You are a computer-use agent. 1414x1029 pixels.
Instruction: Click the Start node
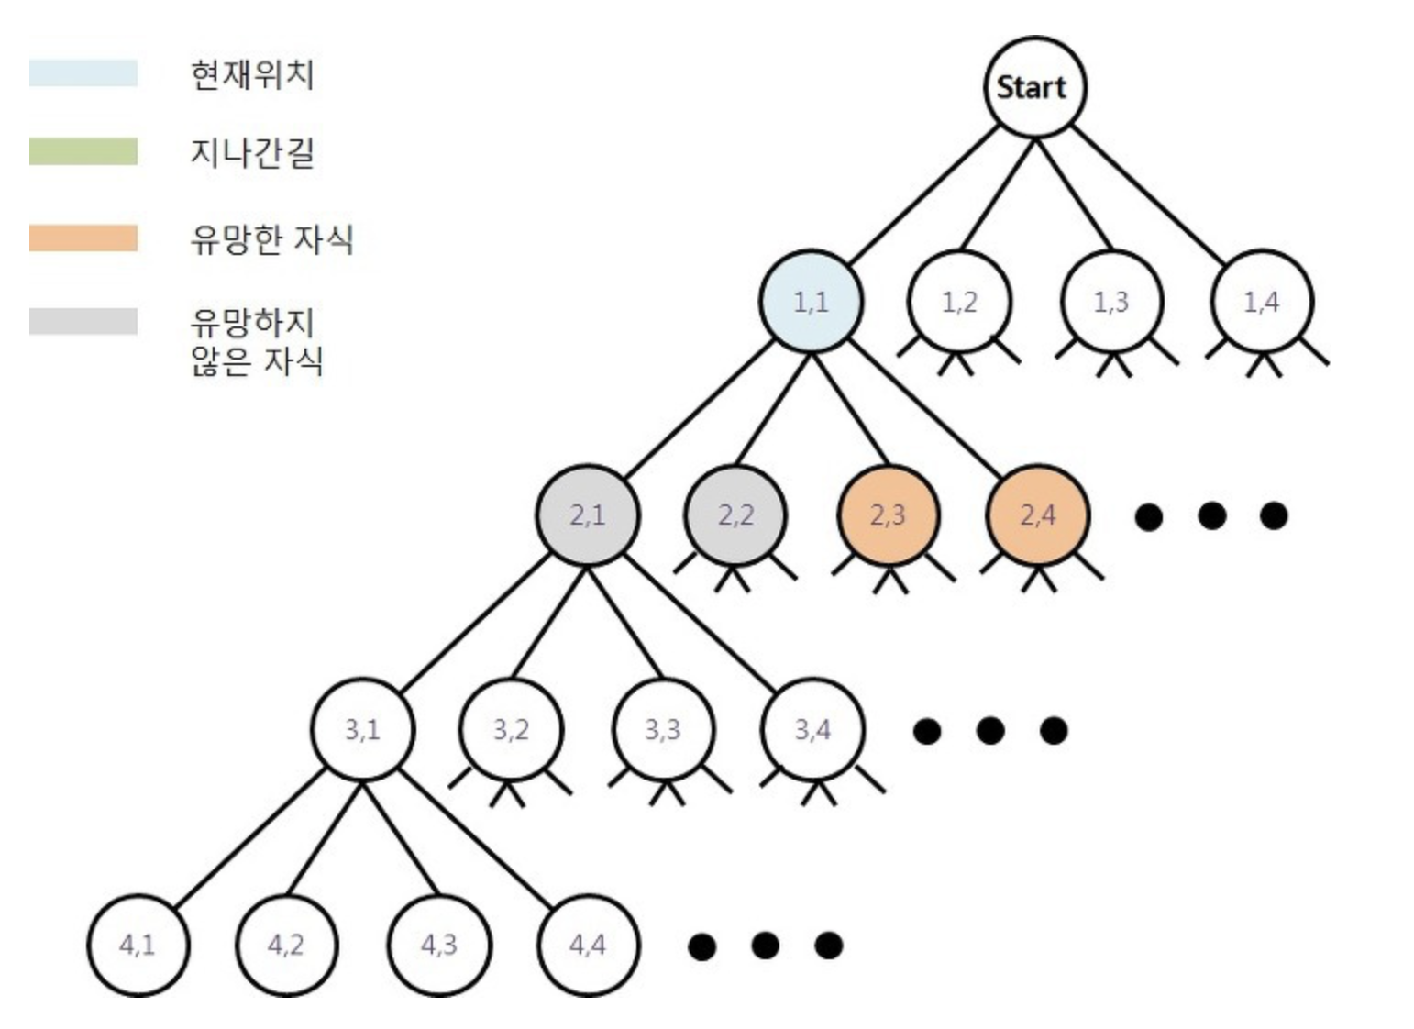(x=1034, y=87)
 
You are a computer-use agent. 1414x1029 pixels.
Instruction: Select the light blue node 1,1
(x=811, y=301)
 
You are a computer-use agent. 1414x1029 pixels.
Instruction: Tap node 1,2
(x=959, y=301)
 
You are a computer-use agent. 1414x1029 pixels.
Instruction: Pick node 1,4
(x=1262, y=301)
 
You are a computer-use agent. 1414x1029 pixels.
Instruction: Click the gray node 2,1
(x=587, y=514)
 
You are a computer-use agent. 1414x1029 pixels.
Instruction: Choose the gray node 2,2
(x=736, y=514)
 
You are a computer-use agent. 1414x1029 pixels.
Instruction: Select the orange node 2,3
(x=888, y=514)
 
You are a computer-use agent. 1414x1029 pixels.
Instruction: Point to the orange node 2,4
(x=1038, y=514)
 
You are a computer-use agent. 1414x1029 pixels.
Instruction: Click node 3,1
(x=362, y=729)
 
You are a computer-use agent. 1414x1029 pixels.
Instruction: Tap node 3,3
(x=662, y=729)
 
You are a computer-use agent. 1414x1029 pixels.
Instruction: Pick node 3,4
(x=812, y=729)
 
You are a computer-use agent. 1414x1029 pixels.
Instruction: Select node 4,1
(x=138, y=945)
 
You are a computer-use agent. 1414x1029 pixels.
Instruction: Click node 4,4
(x=587, y=945)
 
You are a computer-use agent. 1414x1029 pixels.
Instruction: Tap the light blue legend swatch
(x=83, y=73)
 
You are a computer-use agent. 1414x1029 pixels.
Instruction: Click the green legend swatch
(x=83, y=151)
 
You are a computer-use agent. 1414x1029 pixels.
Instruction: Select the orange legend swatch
(x=83, y=238)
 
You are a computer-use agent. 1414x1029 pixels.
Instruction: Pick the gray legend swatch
(x=83, y=321)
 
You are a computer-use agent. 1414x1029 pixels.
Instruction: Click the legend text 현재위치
(x=252, y=74)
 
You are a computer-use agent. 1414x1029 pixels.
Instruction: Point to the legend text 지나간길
(x=252, y=152)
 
